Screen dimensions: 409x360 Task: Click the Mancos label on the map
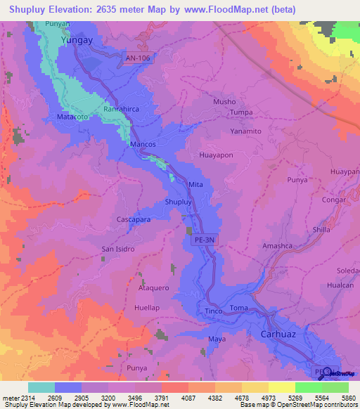(143, 143)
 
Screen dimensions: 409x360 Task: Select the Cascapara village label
(134, 220)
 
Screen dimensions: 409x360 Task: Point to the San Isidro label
(118, 249)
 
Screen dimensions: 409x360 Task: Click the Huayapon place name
(217, 155)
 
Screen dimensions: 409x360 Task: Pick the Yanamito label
(246, 131)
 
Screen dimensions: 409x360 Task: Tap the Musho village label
(224, 102)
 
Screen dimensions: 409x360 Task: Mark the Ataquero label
(154, 288)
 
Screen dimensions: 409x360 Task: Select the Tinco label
(214, 311)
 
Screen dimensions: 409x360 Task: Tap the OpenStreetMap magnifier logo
(326, 372)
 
